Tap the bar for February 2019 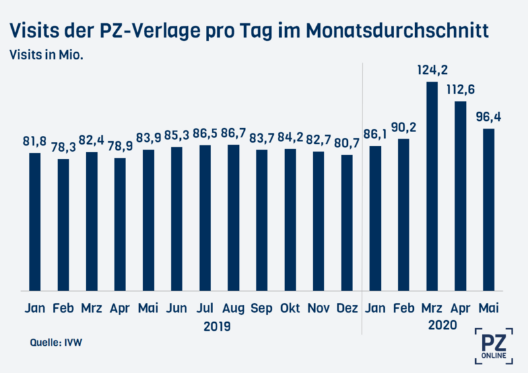tap(63, 224)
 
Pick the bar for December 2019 tap(347, 222)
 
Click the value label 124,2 tap(432, 69)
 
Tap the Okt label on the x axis tap(290, 308)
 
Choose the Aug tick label tap(233, 308)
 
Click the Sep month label tap(261, 308)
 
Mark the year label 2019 tap(219, 325)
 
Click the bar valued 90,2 tap(404, 215)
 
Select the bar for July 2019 tap(205, 218)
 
